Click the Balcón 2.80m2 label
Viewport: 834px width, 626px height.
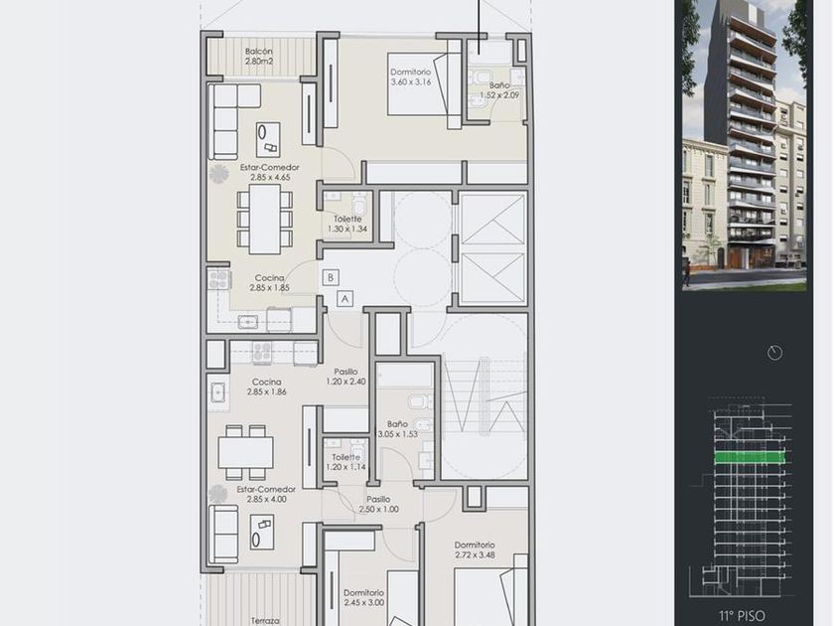point(259,57)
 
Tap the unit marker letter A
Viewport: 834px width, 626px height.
point(345,299)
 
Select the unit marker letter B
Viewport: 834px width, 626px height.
point(331,277)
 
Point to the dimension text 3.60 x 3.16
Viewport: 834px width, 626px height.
point(411,81)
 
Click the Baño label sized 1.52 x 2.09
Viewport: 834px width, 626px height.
point(498,90)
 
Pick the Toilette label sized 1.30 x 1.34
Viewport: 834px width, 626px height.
point(347,224)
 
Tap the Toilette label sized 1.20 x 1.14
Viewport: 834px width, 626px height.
point(346,462)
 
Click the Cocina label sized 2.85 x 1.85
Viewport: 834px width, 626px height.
point(269,282)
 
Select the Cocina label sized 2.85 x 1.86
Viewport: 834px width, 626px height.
point(266,387)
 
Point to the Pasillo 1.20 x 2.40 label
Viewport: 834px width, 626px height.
point(346,377)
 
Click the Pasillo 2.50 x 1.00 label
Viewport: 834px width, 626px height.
point(378,504)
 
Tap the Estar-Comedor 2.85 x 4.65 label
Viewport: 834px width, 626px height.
point(270,172)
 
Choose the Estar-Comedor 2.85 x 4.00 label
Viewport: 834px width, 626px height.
point(267,494)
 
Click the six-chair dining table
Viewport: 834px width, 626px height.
point(265,219)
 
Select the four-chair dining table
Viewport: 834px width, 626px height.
point(246,452)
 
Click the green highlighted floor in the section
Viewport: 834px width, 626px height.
point(750,457)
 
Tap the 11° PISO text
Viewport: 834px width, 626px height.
point(742,616)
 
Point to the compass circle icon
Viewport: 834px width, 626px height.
point(775,353)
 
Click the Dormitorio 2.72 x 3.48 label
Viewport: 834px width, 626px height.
point(475,549)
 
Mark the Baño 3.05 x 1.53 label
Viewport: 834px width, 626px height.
point(398,429)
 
